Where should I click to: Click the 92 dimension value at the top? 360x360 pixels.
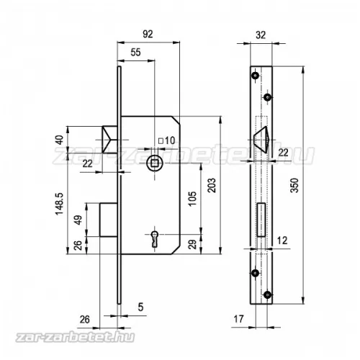tap(148, 34)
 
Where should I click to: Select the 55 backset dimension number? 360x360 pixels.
tap(135, 53)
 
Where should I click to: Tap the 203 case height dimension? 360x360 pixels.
tap(212, 185)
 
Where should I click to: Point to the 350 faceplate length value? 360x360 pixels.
tap(294, 185)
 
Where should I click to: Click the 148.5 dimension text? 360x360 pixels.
tap(59, 204)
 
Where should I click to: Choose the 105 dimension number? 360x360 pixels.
tap(192, 199)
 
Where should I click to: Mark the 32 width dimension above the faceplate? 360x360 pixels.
tap(261, 35)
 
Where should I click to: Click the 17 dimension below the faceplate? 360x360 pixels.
tap(238, 319)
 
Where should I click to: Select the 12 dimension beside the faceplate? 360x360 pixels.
tap(282, 240)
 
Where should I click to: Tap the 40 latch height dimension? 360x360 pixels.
tap(59, 140)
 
